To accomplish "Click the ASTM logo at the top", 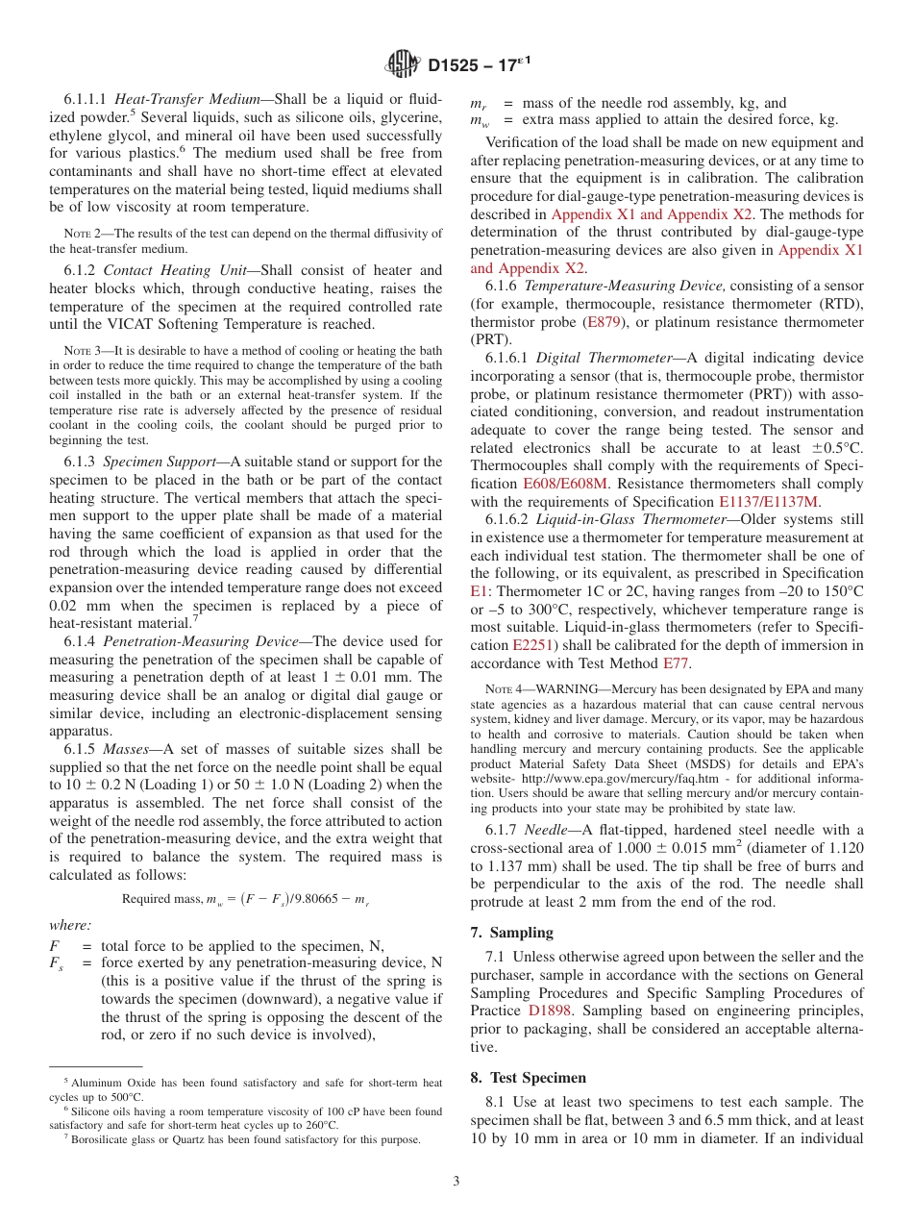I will (x=403, y=64).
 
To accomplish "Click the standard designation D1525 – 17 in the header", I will (x=480, y=65).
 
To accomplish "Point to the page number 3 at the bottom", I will (x=456, y=1181).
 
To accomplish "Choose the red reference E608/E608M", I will (x=565, y=484).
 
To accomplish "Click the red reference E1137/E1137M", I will (x=769, y=502).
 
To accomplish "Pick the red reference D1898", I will (x=548, y=1011).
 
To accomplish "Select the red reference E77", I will (x=677, y=664).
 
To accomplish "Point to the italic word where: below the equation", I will (x=70, y=925).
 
